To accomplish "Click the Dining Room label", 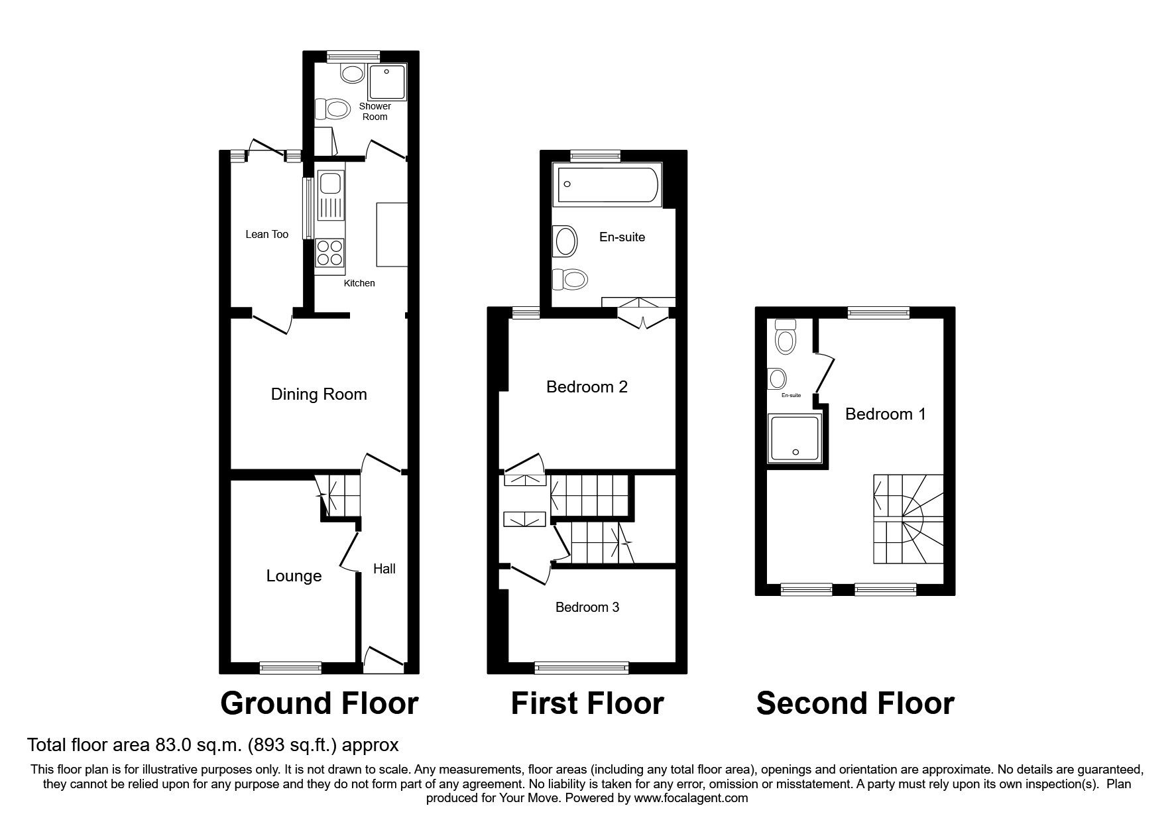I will pos(319,394).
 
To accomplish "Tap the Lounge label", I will pos(294,576).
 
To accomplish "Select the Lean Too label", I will pos(266,234).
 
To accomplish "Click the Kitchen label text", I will pos(359,283).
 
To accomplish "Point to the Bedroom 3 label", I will pos(587,607).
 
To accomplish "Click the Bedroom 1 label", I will pos(885,414).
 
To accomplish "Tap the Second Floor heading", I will pos(855,703).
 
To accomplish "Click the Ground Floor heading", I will pos(319,703).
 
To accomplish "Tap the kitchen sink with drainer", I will pos(329,195).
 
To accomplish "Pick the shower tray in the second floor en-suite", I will pos(795,438).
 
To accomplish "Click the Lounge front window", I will pos(290,668).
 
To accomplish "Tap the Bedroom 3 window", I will pos(581,668).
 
